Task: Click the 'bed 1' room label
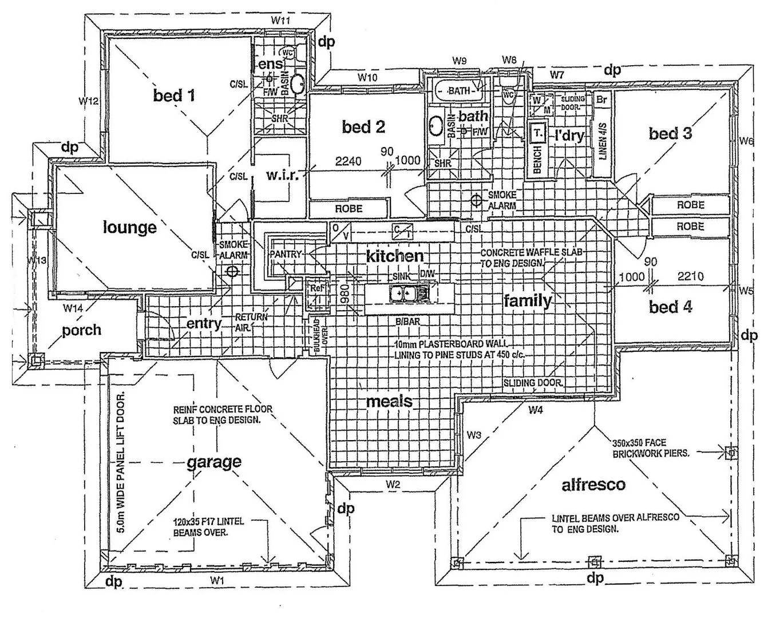174,95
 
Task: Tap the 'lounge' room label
130,227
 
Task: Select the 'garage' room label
214,462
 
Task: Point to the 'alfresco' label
593,485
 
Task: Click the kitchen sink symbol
402,294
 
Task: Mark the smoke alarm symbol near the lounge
232,271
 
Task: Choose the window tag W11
281,20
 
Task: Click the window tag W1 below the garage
216,580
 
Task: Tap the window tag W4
536,410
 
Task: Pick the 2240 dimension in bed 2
348,161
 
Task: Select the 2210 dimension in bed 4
690,276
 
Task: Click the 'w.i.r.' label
282,175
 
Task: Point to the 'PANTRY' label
285,254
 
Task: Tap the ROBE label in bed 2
349,209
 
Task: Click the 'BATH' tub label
459,90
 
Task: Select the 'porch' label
82,330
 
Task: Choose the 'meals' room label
389,401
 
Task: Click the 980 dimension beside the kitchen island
345,294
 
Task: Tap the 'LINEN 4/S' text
603,141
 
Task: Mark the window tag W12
89,101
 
